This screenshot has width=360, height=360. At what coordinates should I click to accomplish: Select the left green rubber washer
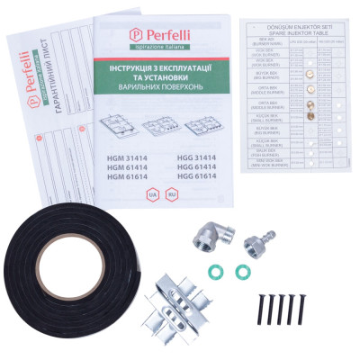coord(217,271)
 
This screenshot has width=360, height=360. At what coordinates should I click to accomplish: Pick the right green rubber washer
coord(241,271)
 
